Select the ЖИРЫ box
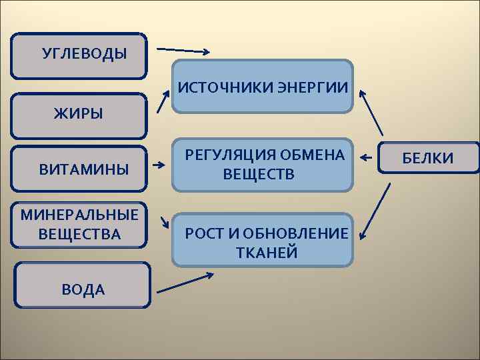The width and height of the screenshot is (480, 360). pyautogui.click(x=79, y=115)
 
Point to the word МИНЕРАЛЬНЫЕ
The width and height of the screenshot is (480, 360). pyautogui.click(x=80, y=215)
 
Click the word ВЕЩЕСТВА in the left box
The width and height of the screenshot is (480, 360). pyautogui.click(x=80, y=234)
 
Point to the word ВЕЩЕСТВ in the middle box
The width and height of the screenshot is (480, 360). pyautogui.click(x=259, y=174)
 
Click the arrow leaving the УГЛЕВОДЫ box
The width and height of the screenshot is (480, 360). pyautogui.click(x=183, y=51)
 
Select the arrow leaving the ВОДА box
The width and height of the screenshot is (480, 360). pyautogui.click(x=185, y=282)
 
